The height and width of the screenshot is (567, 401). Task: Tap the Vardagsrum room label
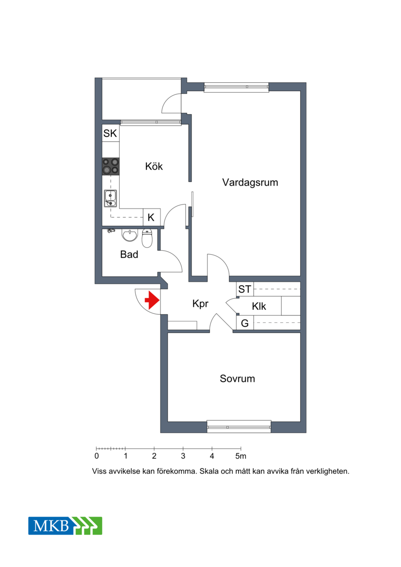[250, 182]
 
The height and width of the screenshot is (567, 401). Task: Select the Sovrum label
[237, 379]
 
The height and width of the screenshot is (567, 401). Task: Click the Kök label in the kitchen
[154, 166]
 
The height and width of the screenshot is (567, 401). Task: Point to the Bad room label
[129, 255]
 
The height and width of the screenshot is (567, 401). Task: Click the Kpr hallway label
[200, 304]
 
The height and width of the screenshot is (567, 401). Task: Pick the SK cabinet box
[111, 133]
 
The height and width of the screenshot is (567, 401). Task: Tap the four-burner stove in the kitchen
[111, 166]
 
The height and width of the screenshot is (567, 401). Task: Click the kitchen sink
[111, 199]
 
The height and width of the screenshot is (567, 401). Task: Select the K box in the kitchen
[151, 218]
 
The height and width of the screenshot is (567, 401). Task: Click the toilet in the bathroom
[147, 238]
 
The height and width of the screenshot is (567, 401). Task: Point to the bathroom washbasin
[130, 235]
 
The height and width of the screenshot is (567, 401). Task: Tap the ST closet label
[245, 289]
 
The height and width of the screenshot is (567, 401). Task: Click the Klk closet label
[259, 306]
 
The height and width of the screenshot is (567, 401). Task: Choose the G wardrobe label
[245, 323]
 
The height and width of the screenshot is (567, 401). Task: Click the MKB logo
[66, 526]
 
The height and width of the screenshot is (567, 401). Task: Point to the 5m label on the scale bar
[241, 456]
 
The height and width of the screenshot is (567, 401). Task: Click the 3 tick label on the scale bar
[183, 456]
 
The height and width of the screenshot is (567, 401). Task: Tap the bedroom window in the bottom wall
[239, 427]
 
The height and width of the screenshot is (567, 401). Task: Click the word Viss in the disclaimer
[99, 472]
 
